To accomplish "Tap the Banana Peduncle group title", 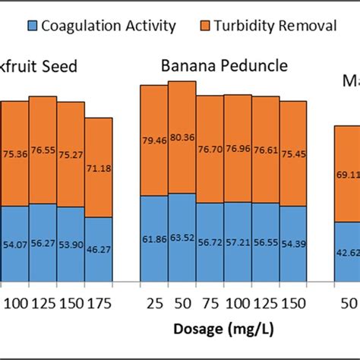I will (224, 66).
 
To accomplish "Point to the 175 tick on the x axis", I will (99, 303).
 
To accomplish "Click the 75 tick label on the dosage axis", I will (210, 303).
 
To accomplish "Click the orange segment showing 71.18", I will (99, 167).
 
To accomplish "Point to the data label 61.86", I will (154, 238).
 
